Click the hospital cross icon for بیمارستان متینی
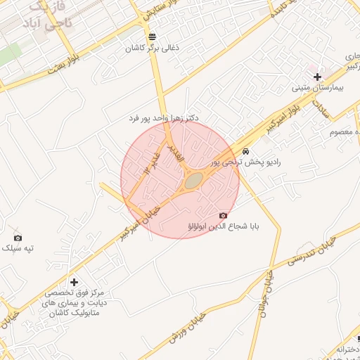pyautogui.click(x=317, y=77)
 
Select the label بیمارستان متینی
pyautogui.click(x=317, y=89)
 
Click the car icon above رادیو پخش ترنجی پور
pyautogui.click(x=245, y=151)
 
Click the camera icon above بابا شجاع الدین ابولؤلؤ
pyautogui.click(x=223, y=215)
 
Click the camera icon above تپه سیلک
pyautogui.click(x=18, y=237)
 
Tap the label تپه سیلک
pyautogui.click(x=18, y=248)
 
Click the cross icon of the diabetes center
pyautogui.click(x=73, y=281)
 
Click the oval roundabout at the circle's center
pyautogui.click(x=193, y=181)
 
